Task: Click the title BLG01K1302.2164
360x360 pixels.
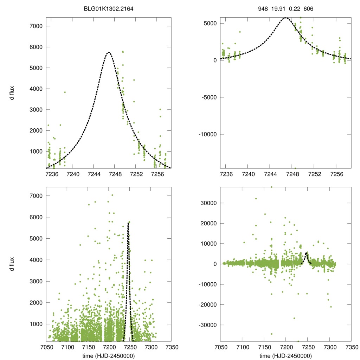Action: coord(109,6)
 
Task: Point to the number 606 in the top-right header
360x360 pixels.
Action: coord(308,8)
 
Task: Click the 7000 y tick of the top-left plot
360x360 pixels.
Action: coord(36,26)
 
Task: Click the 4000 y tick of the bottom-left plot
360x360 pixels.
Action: coord(36,260)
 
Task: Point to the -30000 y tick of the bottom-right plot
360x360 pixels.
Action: coord(208,325)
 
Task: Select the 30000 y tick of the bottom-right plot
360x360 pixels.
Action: coord(208,203)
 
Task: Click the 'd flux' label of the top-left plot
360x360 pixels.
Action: coord(12,93)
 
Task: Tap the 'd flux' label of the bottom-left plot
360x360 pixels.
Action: coord(12,264)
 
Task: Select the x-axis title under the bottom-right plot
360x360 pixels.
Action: coord(285,356)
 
